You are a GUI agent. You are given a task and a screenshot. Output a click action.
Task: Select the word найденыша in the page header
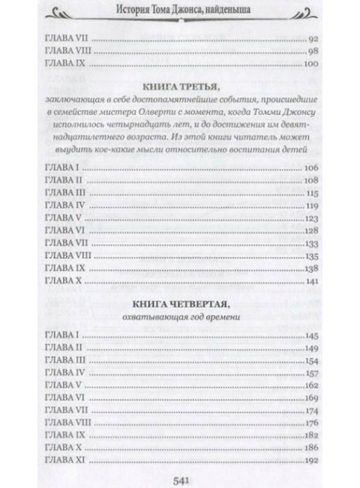coord(232,11)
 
